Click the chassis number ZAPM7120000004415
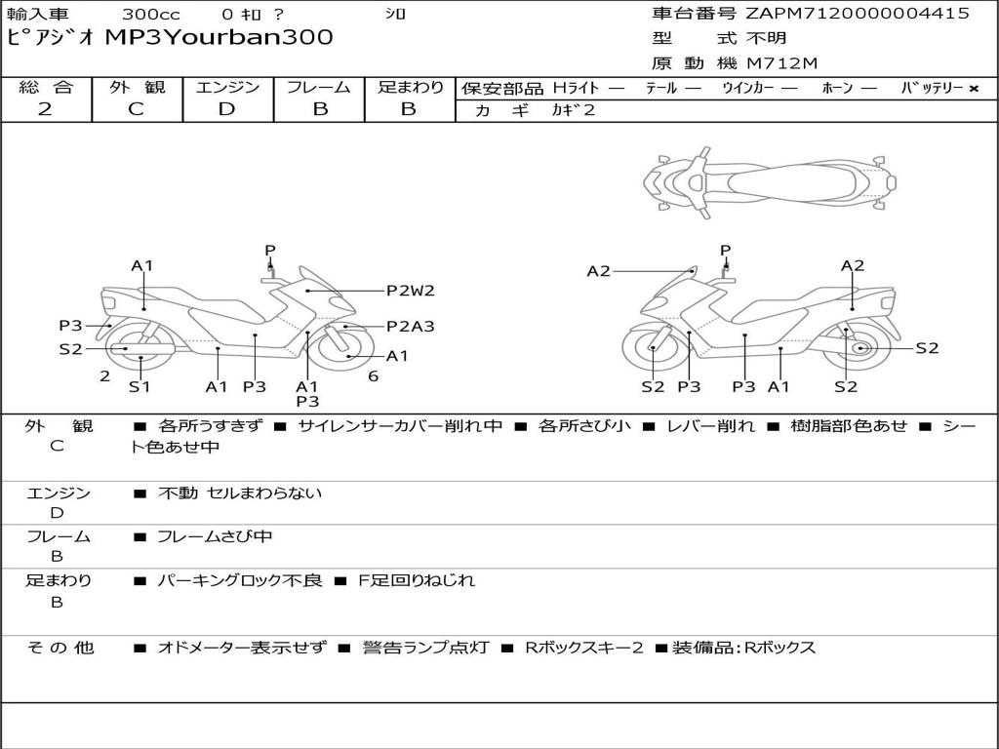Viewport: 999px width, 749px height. click(x=858, y=14)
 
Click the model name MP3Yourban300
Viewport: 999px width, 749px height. click(x=219, y=38)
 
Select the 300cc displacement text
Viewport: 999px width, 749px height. click(x=143, y=14)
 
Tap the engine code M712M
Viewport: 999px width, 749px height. click(x=782, y=64)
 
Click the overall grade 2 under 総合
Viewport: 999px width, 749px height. click(x=45, y=108)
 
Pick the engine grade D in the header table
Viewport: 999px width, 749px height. click(x=226, y=108)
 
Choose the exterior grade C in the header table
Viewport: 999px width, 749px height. click(x=136, y=108)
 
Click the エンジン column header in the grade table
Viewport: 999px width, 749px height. click(x=227, y=87)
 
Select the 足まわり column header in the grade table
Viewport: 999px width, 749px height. click(x=410, y=87)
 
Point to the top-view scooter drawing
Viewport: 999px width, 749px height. click(x=770, y=179)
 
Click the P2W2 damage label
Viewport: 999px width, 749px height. click(x=410, y=290)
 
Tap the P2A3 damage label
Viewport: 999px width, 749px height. click(x=410, y=327)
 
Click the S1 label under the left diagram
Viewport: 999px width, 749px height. click(x=140, y=386)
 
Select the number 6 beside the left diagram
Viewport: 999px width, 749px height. click(x=373, y=375)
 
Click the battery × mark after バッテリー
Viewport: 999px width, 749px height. click(x=973, y=88)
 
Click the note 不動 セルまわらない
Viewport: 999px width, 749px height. click(x=240, y=493)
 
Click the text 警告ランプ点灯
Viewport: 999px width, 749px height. click(x=425, y=648)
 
